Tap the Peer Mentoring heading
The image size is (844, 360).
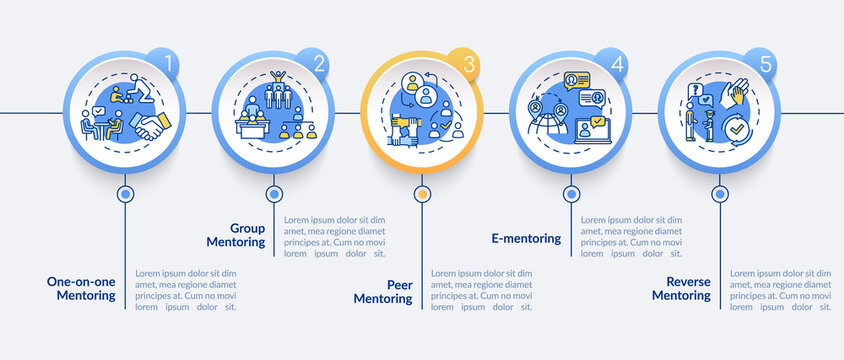(385, 290)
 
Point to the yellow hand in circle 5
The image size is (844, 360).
(740, 95)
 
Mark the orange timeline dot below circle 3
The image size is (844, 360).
(422, 194)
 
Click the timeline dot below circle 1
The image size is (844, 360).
(125, 194)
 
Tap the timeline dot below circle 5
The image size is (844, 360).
(719, 194)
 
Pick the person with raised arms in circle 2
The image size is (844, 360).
(279, 80)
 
